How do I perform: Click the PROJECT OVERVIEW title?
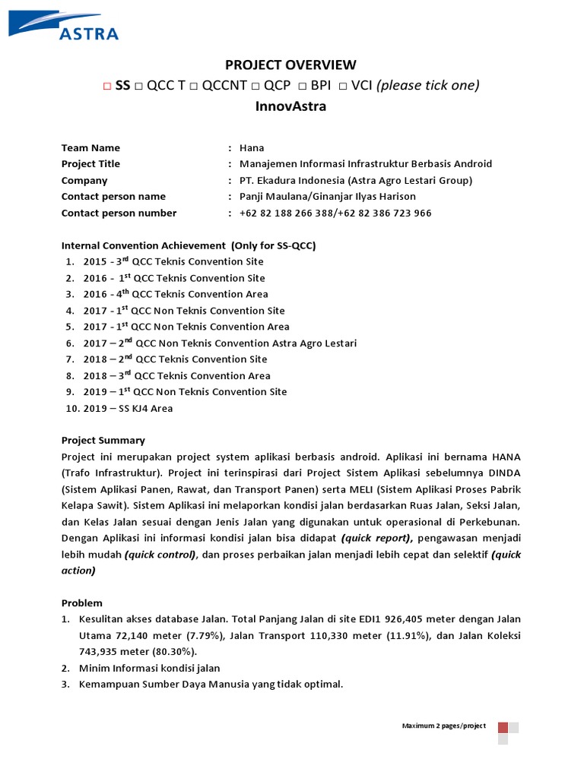pyautogui.click(x=290, y=65)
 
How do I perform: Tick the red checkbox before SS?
pyautogui.click(x=107, y=86)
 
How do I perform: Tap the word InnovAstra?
pyautogui.click(x=290, y=106)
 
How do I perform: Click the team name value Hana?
pyautogui.click(x=252, y=148)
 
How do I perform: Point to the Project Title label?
pyautogui.click(x=90, y=164)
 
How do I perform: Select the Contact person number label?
pyautogui.click(x=119, y=213)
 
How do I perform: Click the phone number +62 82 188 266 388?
pyautogui.click(x=287, y=213)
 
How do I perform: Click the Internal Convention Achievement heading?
pyautogui.click(x=188, y=245)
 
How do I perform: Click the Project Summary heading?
pyautogui.click(x=103, y=441)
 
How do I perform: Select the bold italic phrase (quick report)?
pyautogui.click(x=376, y=539)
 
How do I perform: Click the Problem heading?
pyautogui.click(x=82, y=603)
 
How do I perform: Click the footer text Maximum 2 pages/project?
pyautogui.click(x=444, y=726)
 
